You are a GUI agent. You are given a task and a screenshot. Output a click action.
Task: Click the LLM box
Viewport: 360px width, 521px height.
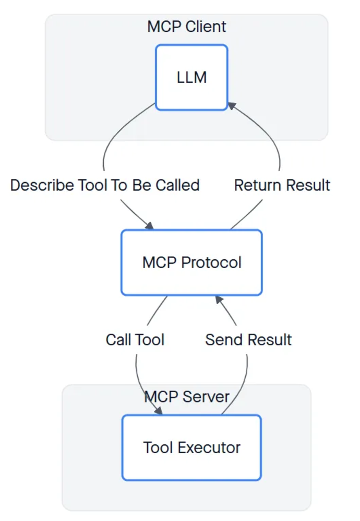(x=191, y=77)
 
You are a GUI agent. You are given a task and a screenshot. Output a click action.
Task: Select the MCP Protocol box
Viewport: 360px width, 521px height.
(x=191, y=262)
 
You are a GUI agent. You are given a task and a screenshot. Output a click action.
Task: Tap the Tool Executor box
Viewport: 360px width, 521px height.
(x=191, y=447)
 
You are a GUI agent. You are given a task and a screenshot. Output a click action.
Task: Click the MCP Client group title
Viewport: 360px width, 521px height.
(x=187, y=27)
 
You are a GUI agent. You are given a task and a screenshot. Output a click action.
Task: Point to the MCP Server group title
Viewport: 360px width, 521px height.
(x=187, y=397)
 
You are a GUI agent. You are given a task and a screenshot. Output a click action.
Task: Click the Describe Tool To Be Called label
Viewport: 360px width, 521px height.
(x=105, y=185)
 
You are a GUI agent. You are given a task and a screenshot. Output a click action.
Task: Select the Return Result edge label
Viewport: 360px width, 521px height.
(x=282, y=185)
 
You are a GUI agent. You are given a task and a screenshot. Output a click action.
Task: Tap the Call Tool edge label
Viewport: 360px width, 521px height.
(x=135, y=340)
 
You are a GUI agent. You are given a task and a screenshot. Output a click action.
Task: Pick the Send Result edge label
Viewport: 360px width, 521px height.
(x=248, y=340)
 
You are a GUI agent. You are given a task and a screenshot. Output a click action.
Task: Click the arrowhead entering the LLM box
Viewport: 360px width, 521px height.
(x=232, y=106)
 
